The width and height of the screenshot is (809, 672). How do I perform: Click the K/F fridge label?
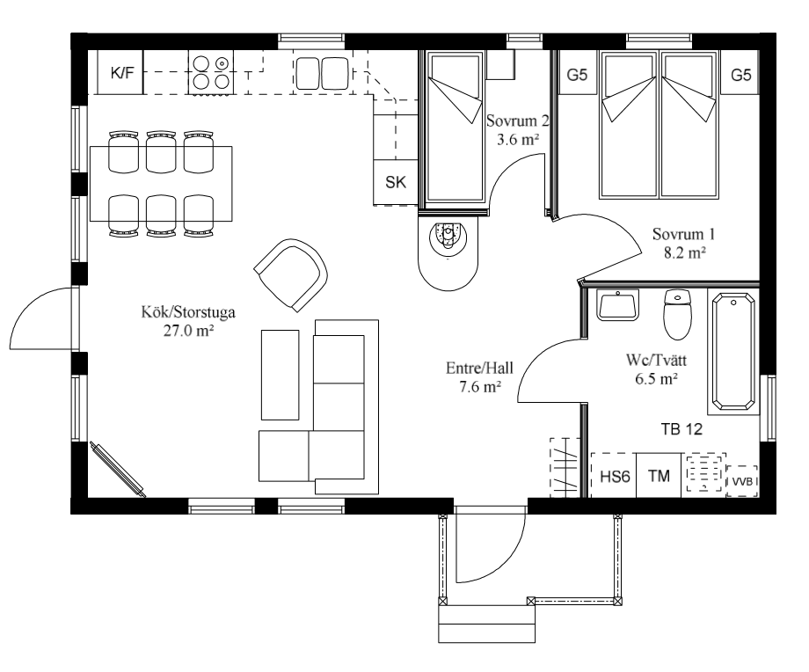point(122,73)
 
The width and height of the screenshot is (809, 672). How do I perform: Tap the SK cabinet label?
point(396,182)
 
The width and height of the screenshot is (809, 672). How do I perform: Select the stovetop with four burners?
point(210,72)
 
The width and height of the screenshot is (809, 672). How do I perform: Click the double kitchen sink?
point(323,73)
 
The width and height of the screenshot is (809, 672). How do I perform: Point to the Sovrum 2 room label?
point(517,121)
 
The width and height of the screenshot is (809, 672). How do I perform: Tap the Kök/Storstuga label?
point(188,312)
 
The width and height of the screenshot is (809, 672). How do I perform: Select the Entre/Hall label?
point(480,368)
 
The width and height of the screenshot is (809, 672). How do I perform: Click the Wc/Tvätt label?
point(656,360)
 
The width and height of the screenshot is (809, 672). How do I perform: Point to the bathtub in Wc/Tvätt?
point(733,352)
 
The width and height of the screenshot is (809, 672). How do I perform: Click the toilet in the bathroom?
point(677,314)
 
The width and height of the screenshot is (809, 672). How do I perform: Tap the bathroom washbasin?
point(617,304)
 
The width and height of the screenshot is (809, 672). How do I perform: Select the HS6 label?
point(615,476)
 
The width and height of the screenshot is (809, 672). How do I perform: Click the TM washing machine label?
point(659,476)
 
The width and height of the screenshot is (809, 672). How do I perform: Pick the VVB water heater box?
point(742,481)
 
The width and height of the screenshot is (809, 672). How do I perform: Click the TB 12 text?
point(681,429)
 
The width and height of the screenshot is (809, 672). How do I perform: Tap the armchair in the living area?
point(290,275)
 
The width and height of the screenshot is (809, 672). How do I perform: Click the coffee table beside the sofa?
point(281,375)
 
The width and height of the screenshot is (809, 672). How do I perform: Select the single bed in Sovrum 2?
point(455,128)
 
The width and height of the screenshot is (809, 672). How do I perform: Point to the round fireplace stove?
point(448,251)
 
